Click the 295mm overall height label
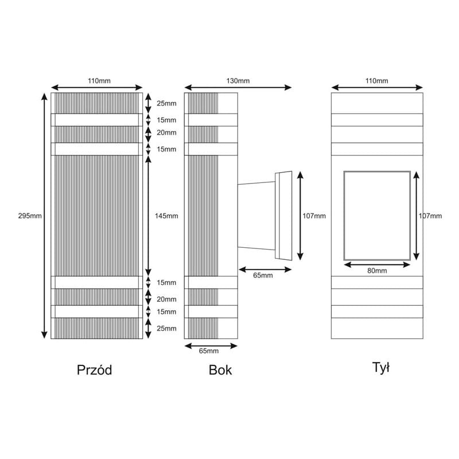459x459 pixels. coord(30,216)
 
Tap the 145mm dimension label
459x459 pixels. coord(166,216)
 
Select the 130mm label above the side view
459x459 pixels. coord(238,81)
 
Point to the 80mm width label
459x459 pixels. coord(377,271)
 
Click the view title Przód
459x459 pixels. coord(94,370)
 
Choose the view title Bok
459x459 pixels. coord(220,370)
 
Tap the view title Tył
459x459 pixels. coord(380,368)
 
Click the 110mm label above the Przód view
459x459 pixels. coord(99,81)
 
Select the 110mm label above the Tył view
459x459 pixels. coord(376,81)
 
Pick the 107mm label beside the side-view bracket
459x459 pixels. coord(314,216)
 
